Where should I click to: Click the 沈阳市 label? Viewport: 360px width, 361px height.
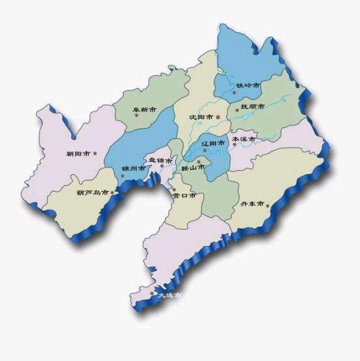pos(201,116)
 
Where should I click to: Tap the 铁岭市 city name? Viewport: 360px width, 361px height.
pos(248,85)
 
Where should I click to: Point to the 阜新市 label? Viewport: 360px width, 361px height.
pos(143,110)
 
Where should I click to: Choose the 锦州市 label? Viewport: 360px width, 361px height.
pos(133,168)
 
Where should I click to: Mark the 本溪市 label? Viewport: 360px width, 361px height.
pos(243,140)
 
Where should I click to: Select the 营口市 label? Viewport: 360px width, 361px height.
pos(184,195)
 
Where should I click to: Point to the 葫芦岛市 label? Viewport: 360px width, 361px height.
pos(93,193)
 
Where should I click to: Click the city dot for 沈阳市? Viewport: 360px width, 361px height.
pos(218,116)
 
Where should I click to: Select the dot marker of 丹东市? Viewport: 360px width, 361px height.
pos(269,204)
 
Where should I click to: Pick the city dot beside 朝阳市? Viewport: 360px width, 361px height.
pos(95,153)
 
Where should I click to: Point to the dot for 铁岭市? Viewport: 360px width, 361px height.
pos(235,92)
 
